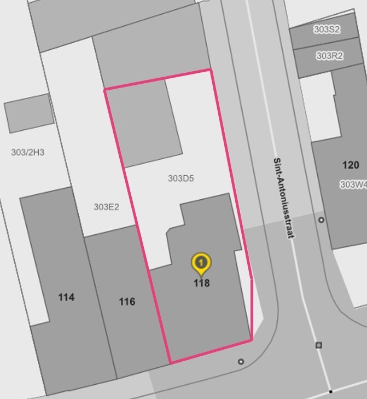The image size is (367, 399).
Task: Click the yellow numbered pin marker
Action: click(201, 264)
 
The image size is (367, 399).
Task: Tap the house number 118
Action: click(201, 283)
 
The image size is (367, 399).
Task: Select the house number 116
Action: click(127, 302)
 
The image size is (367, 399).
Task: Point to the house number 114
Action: click(66, 297)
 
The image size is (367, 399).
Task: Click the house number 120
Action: click(351, 165)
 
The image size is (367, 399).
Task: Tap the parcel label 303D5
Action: click(180, 178)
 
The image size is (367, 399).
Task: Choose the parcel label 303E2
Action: click(106, 207)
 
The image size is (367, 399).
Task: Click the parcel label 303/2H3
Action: click(27, 152)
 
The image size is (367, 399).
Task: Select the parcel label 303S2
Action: click(327, 30)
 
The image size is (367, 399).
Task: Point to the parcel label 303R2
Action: click(329, 56)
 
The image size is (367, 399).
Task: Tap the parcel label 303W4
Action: click(353, 184)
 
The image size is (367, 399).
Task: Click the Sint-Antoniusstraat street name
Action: click(284, 198)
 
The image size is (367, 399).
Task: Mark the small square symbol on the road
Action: click(319, 345)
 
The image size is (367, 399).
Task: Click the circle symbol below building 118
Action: click(241, 362)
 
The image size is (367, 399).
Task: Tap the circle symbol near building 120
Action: click(321, 220)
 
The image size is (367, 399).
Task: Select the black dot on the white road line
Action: click(330, 392)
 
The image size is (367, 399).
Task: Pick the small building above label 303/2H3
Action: click(30, 113)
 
